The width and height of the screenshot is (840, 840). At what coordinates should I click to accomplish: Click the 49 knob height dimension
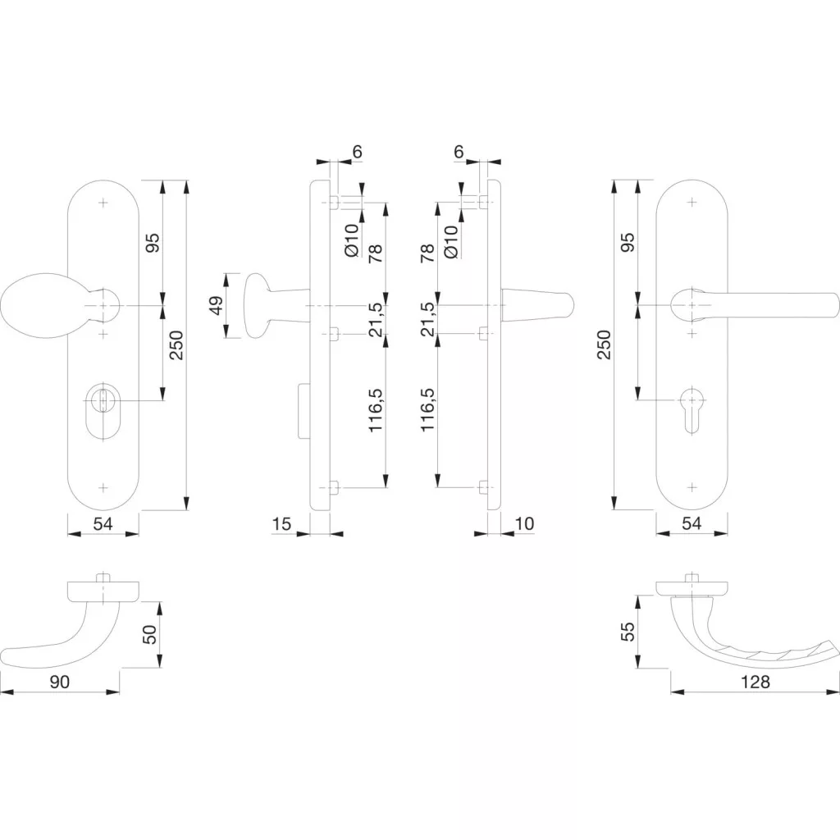pyautogui.click(x=217, y=306)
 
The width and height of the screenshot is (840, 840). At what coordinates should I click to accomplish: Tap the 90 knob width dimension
pyautogui.click(x=59, y=682)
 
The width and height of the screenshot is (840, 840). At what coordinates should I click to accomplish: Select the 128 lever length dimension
pyautogui.click(x=755, y=682)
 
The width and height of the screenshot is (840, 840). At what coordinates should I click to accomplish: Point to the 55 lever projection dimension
pyautogui.click(x=628, y=631)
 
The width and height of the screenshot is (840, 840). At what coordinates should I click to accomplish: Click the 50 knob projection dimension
pyautogui.click(x=151, y=634)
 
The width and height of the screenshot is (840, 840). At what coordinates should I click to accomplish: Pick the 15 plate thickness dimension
pyautogui.click(x=281, y=523)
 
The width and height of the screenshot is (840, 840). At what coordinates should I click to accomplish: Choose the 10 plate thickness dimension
pyautogui.click(x=524, y=523)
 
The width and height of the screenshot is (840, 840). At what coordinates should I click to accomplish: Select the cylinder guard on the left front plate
pyautogui.click(x=103, y=410)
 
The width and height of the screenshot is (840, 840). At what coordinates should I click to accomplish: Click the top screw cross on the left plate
pyautogui.click(x=103, y=203)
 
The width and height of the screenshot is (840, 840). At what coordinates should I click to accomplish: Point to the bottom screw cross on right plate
pyautogui.click(x=692, y=487)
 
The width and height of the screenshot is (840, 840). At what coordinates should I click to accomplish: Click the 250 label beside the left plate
pyautogui.click(x=176, y=345)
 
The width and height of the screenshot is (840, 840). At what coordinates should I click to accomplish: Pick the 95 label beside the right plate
pyautogui.click(x=628, y=242)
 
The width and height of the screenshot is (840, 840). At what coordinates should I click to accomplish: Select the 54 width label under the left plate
pyautogui.click(x=103, y=523)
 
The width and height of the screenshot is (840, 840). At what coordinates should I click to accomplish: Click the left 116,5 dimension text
pyautogui.click(x=376, y=410)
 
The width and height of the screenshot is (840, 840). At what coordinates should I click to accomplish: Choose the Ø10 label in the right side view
pyautogui.click(x=451, y=241)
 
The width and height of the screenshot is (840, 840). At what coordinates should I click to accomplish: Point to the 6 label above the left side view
pyautogui.click(x=357, y=152)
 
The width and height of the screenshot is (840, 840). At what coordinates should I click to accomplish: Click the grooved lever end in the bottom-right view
pyautogui.click(x=793, y=655)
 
